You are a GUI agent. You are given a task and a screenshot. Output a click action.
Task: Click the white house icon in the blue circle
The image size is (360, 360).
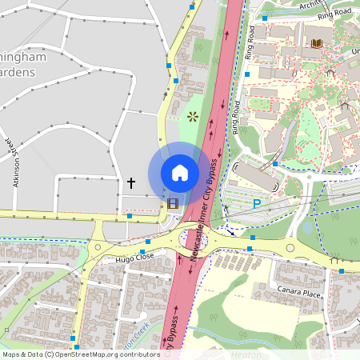180,173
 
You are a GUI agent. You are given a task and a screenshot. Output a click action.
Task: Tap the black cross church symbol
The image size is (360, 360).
131,183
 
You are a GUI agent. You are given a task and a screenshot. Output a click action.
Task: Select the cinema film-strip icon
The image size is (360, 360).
173,201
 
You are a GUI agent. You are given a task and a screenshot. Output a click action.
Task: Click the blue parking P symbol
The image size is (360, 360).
257,204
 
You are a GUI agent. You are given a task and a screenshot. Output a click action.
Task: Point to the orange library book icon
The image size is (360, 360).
318,42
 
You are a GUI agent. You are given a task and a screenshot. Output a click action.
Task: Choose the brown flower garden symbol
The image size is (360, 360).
192,116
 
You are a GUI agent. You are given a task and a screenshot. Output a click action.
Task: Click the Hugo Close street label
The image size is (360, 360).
134,258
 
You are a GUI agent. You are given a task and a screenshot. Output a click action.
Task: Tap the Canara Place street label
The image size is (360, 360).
298,292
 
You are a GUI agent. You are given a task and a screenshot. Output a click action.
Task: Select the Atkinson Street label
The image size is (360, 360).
15,164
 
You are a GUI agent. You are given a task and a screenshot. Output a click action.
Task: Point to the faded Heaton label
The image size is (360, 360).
246,354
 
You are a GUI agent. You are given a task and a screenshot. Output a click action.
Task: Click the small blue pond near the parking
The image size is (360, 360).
308,227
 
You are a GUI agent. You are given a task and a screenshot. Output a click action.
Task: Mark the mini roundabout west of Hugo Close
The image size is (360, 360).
98,247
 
